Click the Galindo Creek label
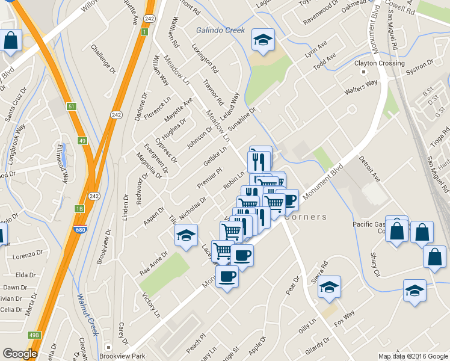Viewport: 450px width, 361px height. point(221,30)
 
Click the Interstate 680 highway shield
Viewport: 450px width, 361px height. point(79,229)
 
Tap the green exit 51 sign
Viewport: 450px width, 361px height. point(72,106)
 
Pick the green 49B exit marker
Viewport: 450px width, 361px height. point(34,335)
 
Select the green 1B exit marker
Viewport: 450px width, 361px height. point(79,209)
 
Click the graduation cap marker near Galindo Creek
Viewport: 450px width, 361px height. point(263,40)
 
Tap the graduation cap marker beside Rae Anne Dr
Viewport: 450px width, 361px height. point(186,235)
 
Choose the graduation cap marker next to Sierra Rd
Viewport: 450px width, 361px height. point(329,287)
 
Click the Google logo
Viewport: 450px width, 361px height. point(20,354)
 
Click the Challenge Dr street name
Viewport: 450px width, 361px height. point(103,59)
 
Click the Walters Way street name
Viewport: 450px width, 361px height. point(360,87)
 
